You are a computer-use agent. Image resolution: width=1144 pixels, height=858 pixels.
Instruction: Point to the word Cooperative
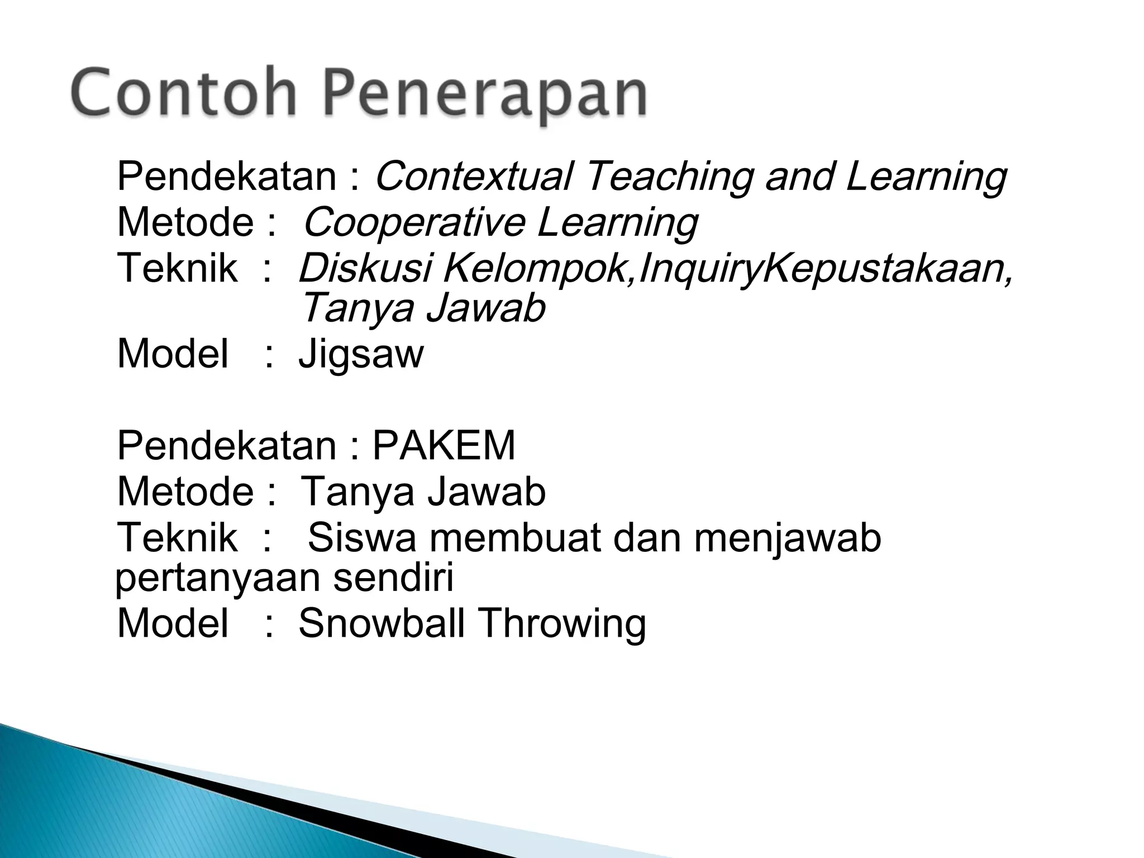(x=413, y=222)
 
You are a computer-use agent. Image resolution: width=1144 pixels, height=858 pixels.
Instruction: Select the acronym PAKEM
(x=444, y=445)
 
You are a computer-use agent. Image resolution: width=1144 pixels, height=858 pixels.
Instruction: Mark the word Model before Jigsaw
(x=173, y=354)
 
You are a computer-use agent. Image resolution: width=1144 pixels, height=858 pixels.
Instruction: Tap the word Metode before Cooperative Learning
(x=185, y=222)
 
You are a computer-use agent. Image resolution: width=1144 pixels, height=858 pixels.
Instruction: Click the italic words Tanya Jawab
(x=422, y=308)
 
